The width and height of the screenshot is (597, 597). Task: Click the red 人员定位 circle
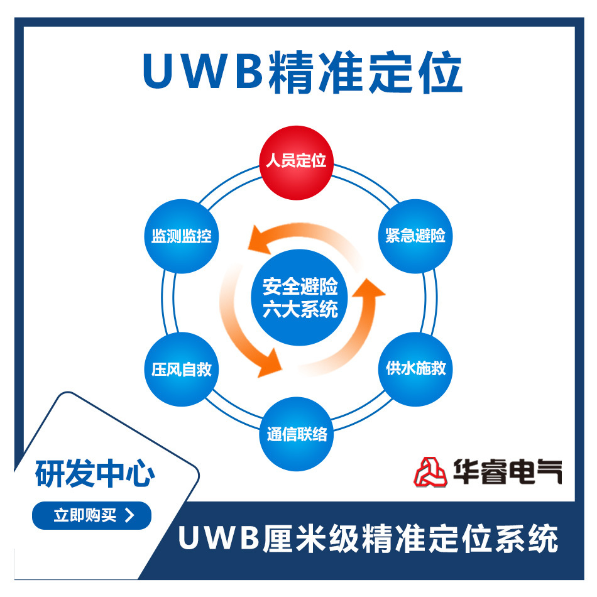tap(296, 160)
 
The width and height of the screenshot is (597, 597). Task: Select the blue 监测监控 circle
tap(181, 236)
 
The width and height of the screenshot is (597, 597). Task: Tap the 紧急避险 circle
tap(415, 236)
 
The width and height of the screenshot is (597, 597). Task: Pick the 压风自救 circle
tap(181, 370)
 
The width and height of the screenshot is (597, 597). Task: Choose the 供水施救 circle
tap(415, 369)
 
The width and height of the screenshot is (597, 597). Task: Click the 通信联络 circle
tap(297, 434)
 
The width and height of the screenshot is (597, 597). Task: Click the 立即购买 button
tap(92, 516)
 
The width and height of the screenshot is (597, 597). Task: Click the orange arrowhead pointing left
tap(258, 239)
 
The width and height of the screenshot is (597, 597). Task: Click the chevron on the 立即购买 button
tap(130, 516)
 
